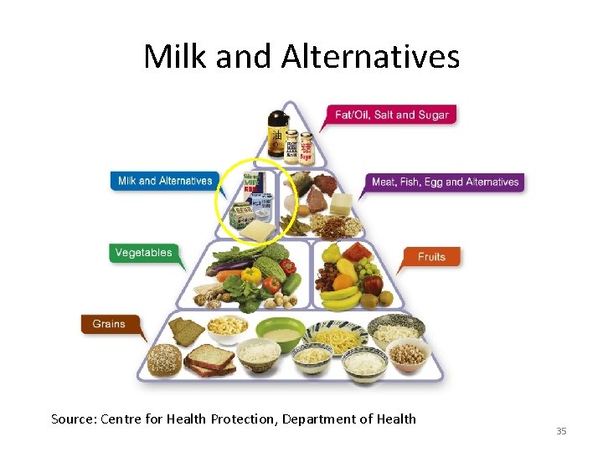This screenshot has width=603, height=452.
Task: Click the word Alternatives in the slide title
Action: pos(370,56)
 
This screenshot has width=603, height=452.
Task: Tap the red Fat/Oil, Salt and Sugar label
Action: pos(392,115)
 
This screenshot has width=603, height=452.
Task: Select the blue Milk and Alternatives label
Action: pos(165,181)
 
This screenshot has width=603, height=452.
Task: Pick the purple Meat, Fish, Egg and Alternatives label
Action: pos(445,182)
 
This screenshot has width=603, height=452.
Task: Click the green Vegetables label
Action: pos(143,253)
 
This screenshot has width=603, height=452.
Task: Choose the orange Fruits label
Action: pos(431,256)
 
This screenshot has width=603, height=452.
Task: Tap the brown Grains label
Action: pos(109,324)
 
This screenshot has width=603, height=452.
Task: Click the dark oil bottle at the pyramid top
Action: pos(276,133)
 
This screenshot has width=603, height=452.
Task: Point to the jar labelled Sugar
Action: pos(307,146)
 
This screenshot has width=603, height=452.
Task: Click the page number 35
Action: pos(561,431)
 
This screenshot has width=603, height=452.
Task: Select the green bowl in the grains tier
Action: pos(280,333)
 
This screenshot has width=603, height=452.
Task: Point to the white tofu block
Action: pos(341,203)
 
